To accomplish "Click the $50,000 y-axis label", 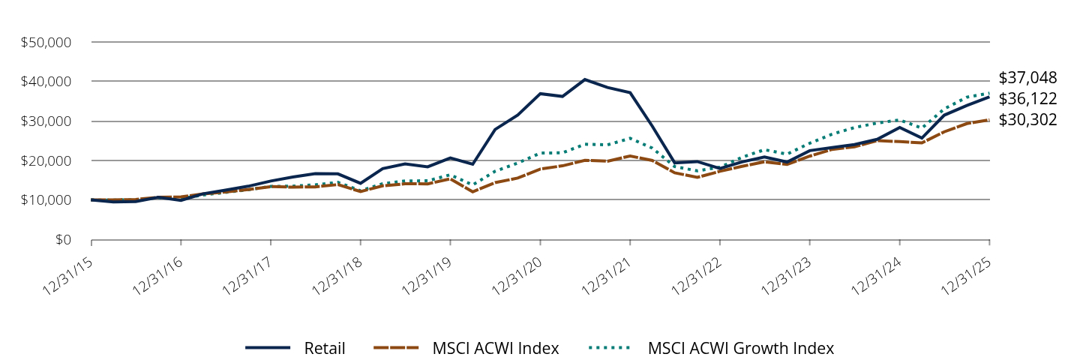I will click(46, 42).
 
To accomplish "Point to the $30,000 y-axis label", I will click(46, 121).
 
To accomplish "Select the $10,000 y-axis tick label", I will click(46, 200).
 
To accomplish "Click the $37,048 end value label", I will click(1027, 78).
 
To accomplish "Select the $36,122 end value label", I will click(1027, 99).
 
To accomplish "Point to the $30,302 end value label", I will click(1027, 120).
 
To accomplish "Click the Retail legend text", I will click(325, 348).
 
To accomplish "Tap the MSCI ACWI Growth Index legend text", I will click(740, 348).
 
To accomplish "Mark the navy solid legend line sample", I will click(268, 348).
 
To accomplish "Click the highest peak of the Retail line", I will click(585, 79).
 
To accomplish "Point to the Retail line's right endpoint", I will click(989, 97).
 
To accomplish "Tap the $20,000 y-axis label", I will click(46, 160).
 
